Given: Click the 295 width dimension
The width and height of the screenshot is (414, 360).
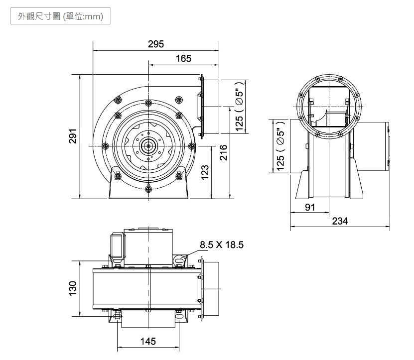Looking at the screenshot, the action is point(156,44).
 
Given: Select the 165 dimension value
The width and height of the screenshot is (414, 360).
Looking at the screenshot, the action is point(183,59).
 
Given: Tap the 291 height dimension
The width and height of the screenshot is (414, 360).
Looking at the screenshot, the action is point(73,136).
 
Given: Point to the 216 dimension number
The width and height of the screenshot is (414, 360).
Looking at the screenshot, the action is point(223,152).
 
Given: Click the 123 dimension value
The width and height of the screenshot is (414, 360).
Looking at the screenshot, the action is point(205,173).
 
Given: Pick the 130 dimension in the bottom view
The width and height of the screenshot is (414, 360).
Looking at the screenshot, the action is point(73,288).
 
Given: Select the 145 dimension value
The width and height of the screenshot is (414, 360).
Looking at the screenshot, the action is point(148,341).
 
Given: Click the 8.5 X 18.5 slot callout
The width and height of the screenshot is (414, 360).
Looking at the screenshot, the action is point(222,244).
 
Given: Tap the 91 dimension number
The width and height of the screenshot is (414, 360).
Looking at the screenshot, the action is point(310,208).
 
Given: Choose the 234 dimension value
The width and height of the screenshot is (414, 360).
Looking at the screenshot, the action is point(340,221).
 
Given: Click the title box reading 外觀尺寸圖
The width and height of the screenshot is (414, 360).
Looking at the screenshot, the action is point(60,16).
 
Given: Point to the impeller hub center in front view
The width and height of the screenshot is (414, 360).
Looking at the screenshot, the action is point(148,146).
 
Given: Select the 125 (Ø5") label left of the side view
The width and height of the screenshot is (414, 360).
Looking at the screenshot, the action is point(280,146).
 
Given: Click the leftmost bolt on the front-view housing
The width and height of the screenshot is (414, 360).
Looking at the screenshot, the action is point(105,146).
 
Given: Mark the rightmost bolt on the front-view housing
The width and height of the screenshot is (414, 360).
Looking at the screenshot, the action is point(192,146).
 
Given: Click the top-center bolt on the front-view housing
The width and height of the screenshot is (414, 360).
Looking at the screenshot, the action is point(148,103).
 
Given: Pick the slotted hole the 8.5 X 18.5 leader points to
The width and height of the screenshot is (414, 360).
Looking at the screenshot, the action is point(179,260).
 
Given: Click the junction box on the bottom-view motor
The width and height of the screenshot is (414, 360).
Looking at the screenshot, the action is point(118,245).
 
